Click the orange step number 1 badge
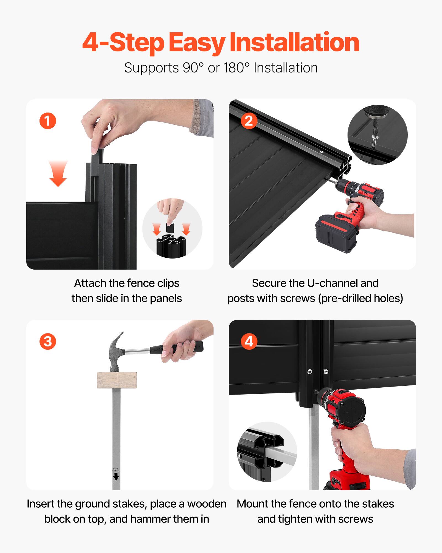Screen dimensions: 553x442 coord(48,121)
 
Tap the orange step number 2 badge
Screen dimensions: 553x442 coord(249,121)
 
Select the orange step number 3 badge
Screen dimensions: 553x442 coord(48,341)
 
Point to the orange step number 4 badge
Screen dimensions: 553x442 coord(249,341)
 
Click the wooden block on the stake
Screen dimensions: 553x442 coord(117,380)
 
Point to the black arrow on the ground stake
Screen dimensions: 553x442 coord(116,476)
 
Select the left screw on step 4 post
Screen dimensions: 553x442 coord(310,371)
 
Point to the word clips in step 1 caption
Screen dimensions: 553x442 coord(168,283)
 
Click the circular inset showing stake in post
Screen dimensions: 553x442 coord(267,452)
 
